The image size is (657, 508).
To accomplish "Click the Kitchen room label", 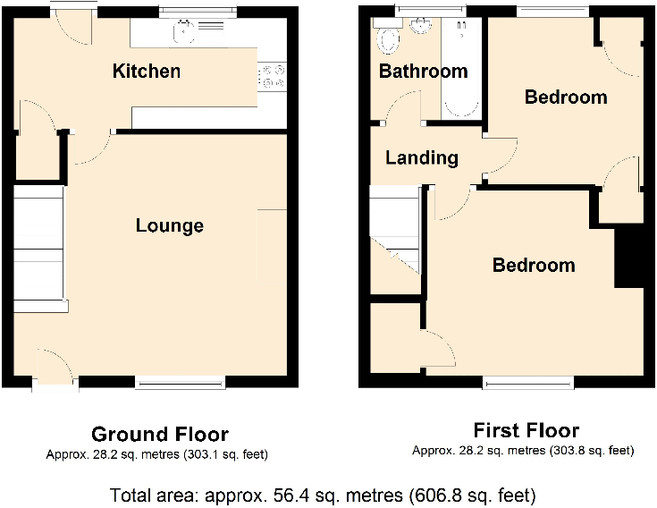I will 147,72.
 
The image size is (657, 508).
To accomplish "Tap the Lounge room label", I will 170,225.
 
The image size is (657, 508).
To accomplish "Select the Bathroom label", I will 423,72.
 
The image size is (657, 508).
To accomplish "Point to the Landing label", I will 422,158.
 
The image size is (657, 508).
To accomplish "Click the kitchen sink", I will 185,32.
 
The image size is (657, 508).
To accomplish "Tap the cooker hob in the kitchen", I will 272,77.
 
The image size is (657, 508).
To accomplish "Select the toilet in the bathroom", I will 389,38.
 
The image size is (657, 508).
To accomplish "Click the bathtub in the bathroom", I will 461,67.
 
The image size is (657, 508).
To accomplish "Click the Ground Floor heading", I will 160,435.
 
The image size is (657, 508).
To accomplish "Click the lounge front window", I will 181,383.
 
